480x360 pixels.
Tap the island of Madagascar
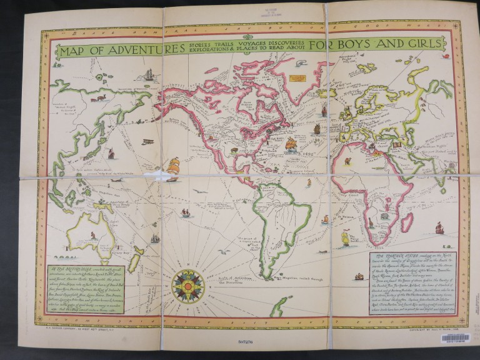406,222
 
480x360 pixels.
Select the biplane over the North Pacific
147,141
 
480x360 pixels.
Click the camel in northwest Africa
346,161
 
